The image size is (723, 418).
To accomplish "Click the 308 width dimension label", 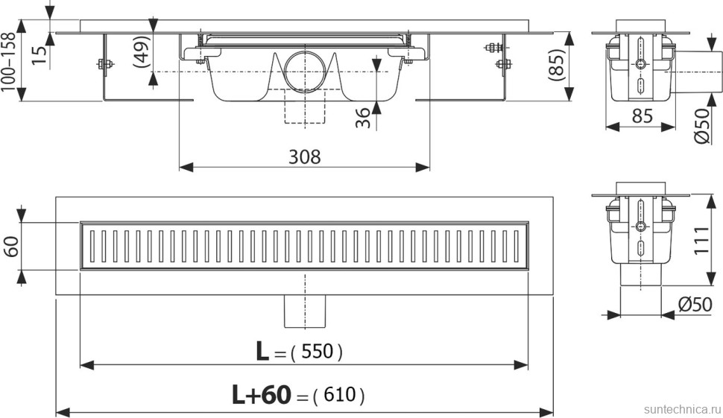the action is coord(304,157).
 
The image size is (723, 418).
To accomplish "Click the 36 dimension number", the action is coord(363,118).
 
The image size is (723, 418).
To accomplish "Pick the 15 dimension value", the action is coord(40,55).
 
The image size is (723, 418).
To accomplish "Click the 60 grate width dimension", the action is coord(11,246).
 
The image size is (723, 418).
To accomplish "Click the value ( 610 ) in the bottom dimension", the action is coord(339,395).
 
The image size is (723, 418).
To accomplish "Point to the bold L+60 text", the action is coord(262,395).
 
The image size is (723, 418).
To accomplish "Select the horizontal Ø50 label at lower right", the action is coord(695,304).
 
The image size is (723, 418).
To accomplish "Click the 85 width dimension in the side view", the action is coord(642,116).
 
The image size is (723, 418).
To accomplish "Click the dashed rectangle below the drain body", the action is coord(305,106).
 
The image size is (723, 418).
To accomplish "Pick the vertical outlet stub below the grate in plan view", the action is coord(305,311).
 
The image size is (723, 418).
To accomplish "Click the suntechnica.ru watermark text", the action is coord(681,409).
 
